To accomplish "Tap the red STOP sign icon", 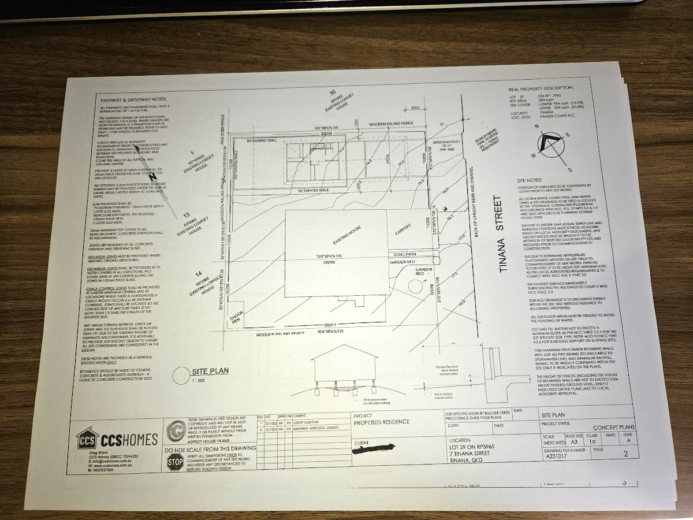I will coord(175,462).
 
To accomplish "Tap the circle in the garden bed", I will coord(415,285).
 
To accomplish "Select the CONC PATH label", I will coord(404,254).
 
